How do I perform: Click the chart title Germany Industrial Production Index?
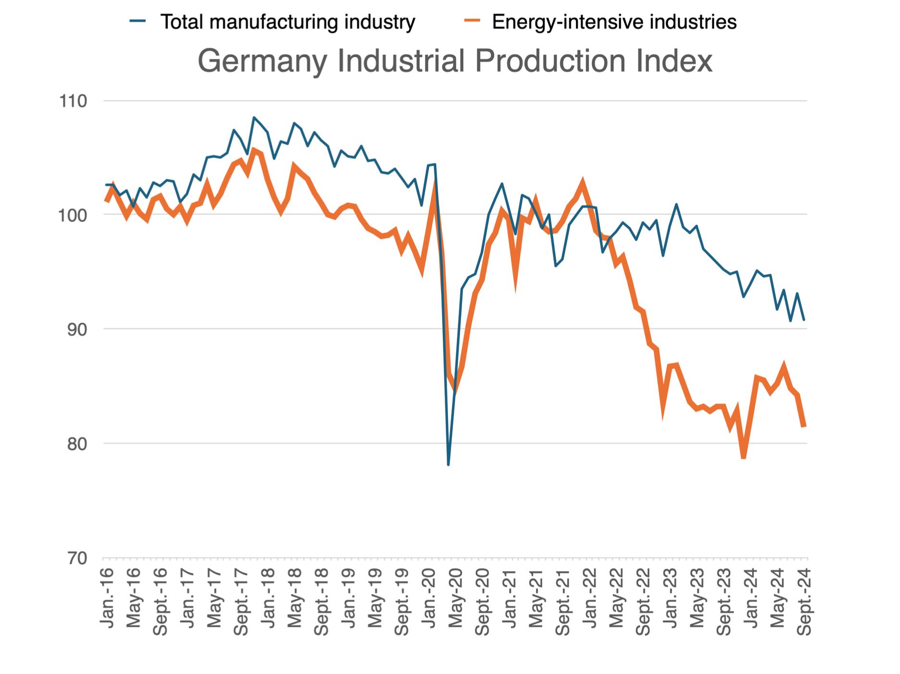pos(454,61)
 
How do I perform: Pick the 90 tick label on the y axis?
pos(74,329)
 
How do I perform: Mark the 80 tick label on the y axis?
pos(74,444)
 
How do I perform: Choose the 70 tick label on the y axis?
pos(74,558)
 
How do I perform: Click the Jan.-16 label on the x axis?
pos(107,598)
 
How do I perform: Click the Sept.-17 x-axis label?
pos(242,602)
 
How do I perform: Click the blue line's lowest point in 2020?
pos(448,465)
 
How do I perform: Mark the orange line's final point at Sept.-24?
pos(804,426)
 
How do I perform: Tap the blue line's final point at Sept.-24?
pos(804,320)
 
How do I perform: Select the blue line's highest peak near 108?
pos(254,117)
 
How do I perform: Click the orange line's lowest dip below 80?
pos(743,457)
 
